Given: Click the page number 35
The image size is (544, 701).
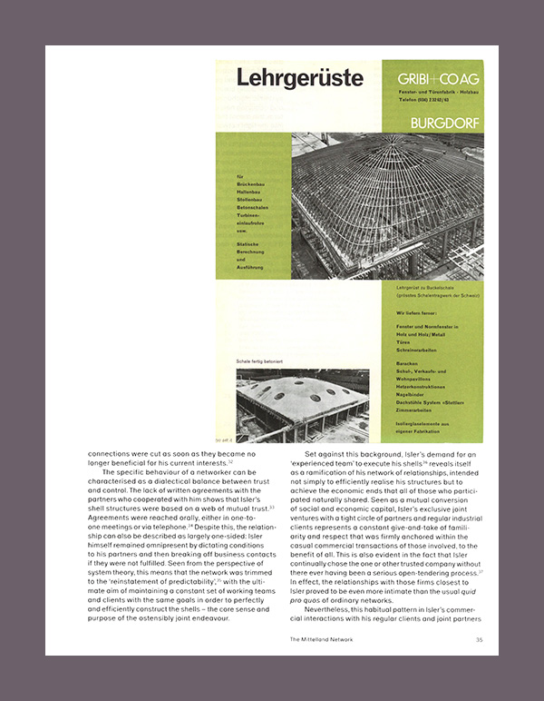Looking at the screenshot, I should pyautogui.click(x=479, y=639).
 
